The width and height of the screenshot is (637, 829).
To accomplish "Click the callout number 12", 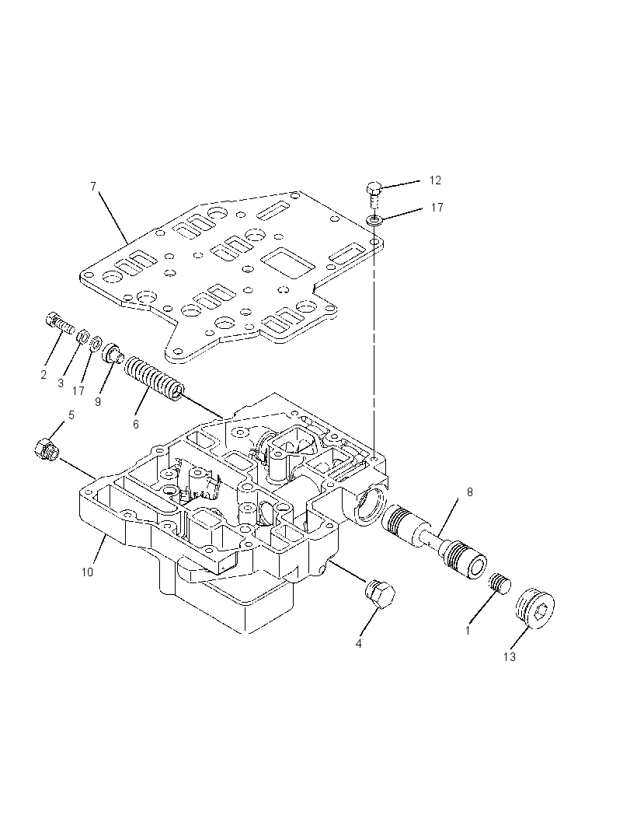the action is tap(435, 181).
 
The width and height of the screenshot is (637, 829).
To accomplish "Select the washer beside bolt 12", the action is tap(374, 219).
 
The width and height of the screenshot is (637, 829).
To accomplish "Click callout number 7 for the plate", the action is tap(93, 187).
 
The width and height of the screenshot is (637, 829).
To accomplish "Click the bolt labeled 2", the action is tap(58, 322).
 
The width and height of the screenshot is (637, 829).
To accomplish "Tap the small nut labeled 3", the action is tap(82, 336).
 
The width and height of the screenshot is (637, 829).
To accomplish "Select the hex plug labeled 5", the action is tap(46, 449).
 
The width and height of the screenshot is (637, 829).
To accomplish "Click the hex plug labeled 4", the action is tap(381, 596).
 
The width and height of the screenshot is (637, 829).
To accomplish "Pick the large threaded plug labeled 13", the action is tap(534, 608).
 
